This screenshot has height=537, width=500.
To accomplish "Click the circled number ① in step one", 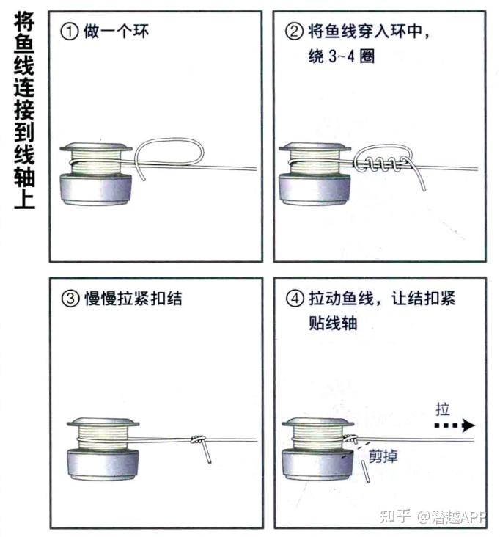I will (68, 33).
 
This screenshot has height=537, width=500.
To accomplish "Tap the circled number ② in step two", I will (293, 33).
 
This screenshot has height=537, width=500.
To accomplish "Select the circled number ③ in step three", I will (68, 299).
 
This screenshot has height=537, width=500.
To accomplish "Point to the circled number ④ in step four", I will (293, 299).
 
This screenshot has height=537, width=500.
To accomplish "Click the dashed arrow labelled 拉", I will (454, 425).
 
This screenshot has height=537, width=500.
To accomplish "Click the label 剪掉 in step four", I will (383, 457).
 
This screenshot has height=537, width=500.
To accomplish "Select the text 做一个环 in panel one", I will (117, 33).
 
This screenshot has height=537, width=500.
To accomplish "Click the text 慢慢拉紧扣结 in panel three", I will (133, 299).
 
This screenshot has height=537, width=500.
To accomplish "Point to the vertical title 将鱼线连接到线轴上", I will (23, 110).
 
